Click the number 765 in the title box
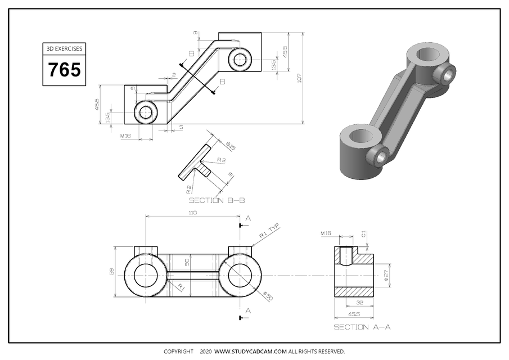pos(64,70)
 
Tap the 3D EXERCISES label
pos(64,49)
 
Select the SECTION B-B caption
pos(217,200)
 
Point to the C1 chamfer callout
pos(364,233)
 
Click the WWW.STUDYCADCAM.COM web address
pos(250,352)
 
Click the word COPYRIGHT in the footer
pos(178,352)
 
